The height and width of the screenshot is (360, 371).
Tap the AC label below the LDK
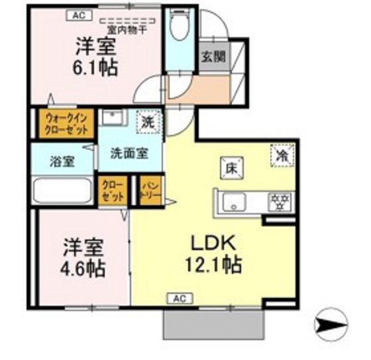point(180,298)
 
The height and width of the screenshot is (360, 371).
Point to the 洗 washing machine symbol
point(148,121)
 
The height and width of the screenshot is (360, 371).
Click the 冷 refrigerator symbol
point(282,156)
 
